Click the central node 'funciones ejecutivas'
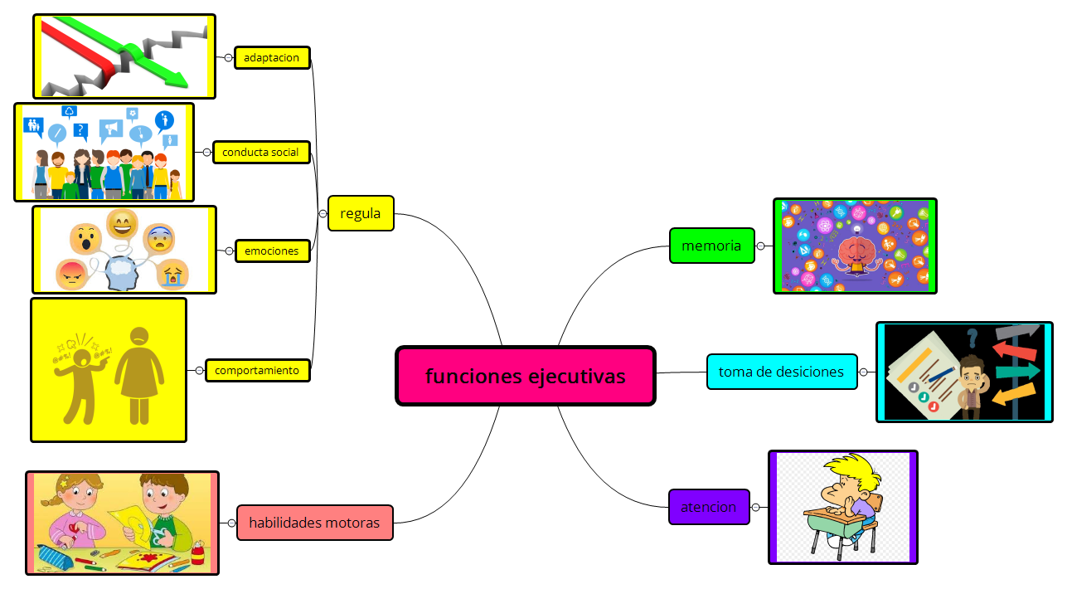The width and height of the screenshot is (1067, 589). pyautogui.click(x=526, y=376)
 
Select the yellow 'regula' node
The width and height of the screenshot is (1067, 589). pyautogui.click(x=361, y=213)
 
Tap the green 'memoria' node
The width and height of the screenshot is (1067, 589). pyautogui.click(x=711, y=246)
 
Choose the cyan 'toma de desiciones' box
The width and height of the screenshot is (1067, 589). pyautogui.click(x=781, y=372)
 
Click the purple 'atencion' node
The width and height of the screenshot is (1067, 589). pyautogui.click(x=708, y=507)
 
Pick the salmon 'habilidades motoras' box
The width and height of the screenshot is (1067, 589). pyautogui.click(x=314, y=523)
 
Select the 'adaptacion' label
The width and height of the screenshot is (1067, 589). pyautogui.click(x=272, y=57)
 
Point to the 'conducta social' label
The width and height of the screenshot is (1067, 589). pyautogui.click(x=261, y=152)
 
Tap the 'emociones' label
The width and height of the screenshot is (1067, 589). pyautogui.click(x=272, y=251)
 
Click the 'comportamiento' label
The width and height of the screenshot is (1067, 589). pyautogui.click(x=257, y=370)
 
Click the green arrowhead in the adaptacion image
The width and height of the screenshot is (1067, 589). pyautogui.click(x=177, y=80)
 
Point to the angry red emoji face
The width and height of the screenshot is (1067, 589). pyautogui.click(x=72, y=274)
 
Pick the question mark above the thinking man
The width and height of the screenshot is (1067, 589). pyautogui.click(x=972, y=337)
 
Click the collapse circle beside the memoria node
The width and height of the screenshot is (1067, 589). pyautogui.click(x=760, y=246)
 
